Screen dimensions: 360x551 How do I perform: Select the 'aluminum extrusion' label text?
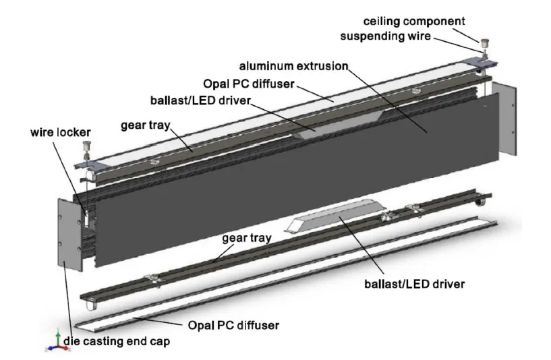coord(294,67)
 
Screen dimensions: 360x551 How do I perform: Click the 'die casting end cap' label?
coord(117,342)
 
